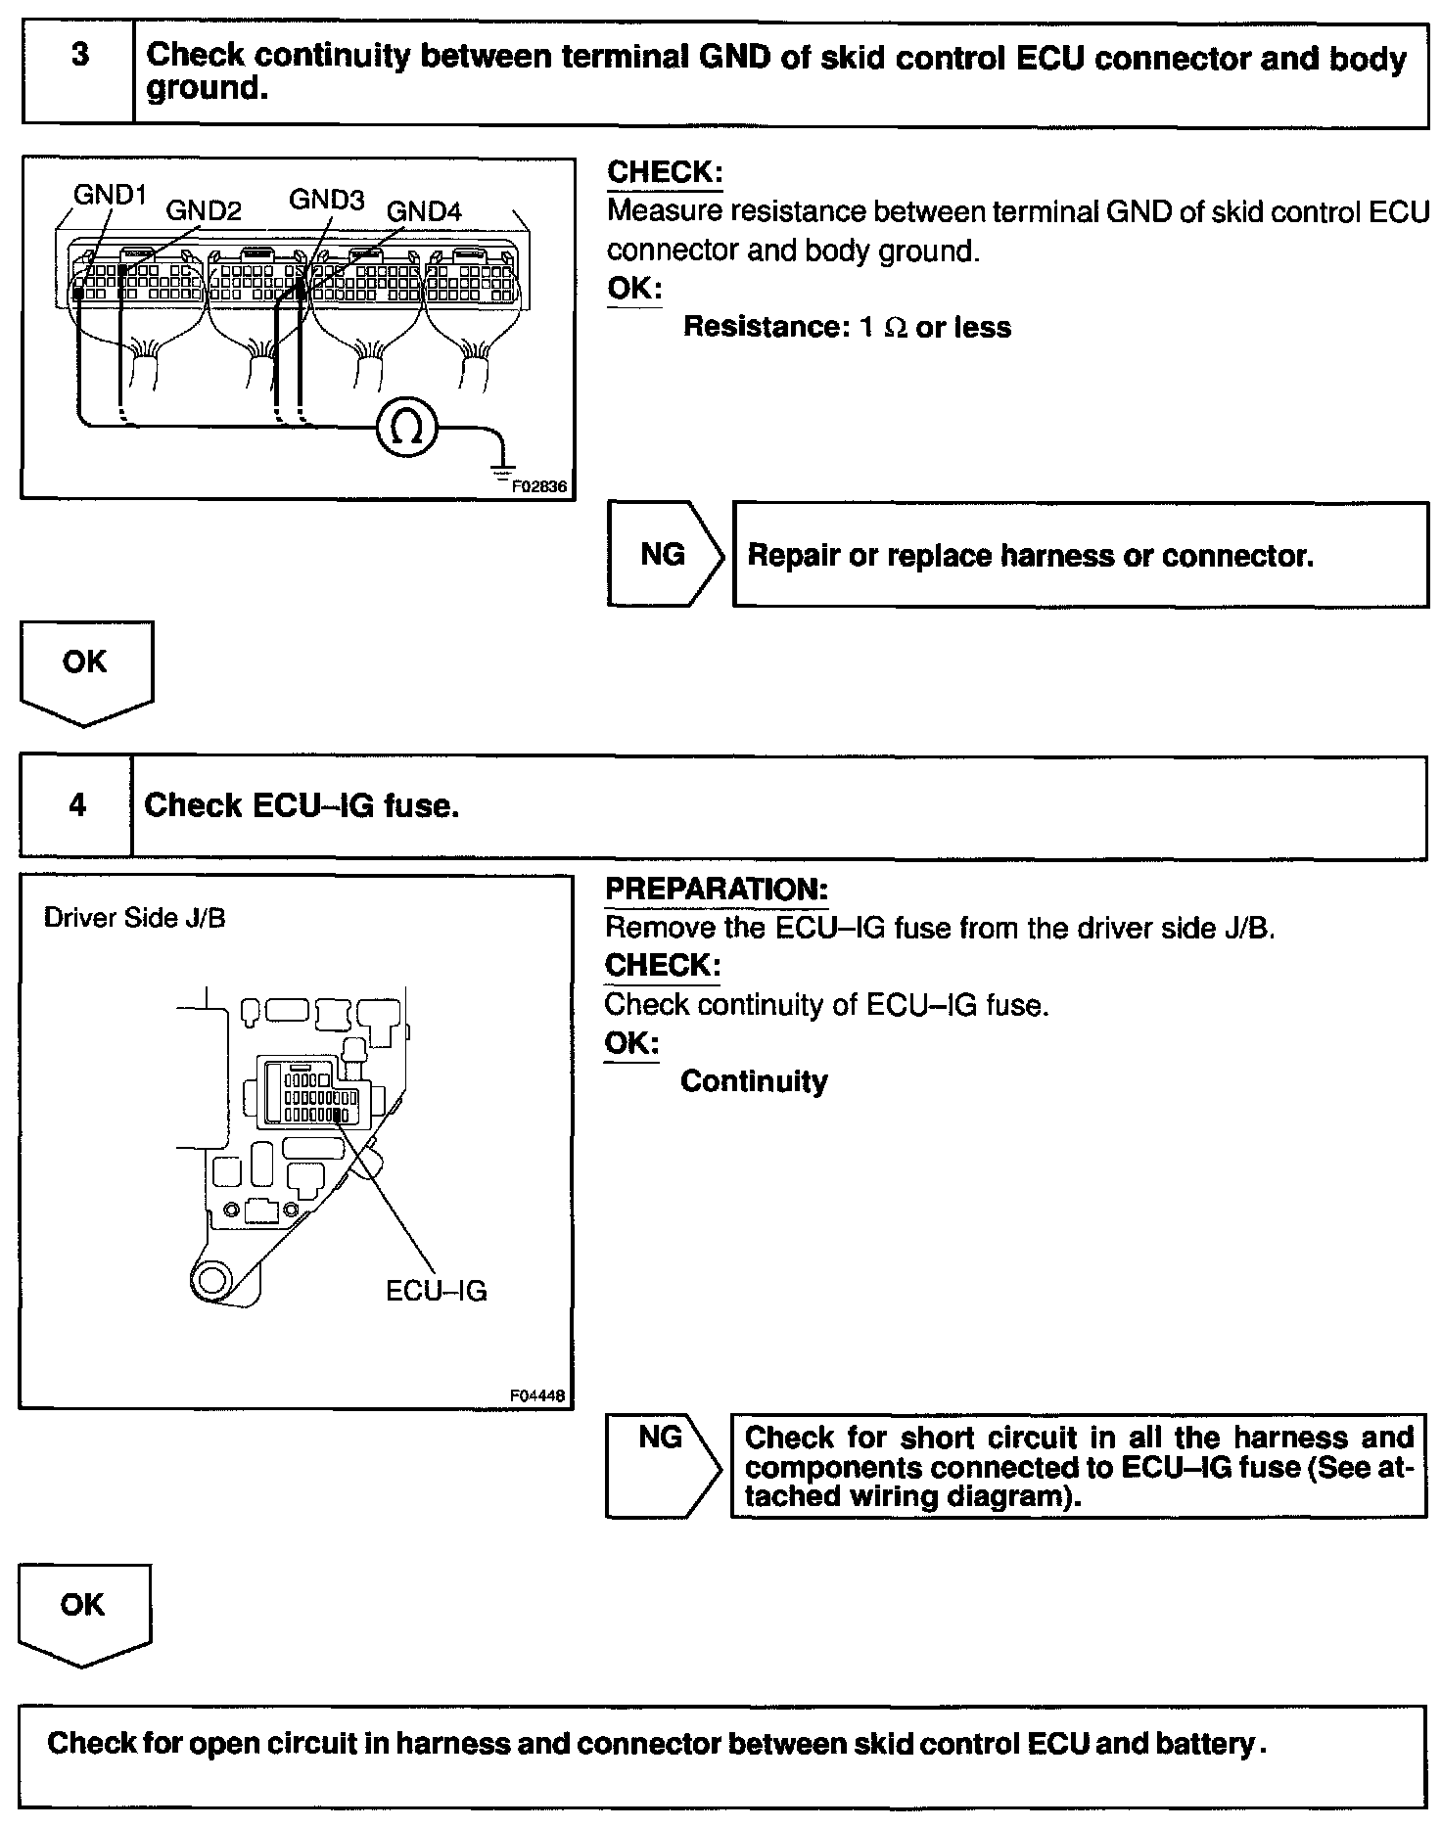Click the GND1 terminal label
(x=110, y=196)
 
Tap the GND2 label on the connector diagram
(x=204, y=210)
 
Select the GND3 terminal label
(x=326, y=200)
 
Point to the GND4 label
(x=424, y=211)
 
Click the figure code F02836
(x=539, y=485)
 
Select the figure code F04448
(x=537, y=1396)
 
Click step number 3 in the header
(x=79, y=56)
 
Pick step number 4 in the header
(x=77, y=805)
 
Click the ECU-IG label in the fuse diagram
(x=436, y=1291)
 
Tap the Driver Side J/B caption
(x=135, y=918)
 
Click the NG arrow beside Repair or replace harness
(x=664, y=555)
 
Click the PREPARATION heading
(x=717, y=890)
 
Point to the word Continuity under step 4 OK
(x=754, y=1081)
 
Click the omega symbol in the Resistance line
(x=896, y=328)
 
